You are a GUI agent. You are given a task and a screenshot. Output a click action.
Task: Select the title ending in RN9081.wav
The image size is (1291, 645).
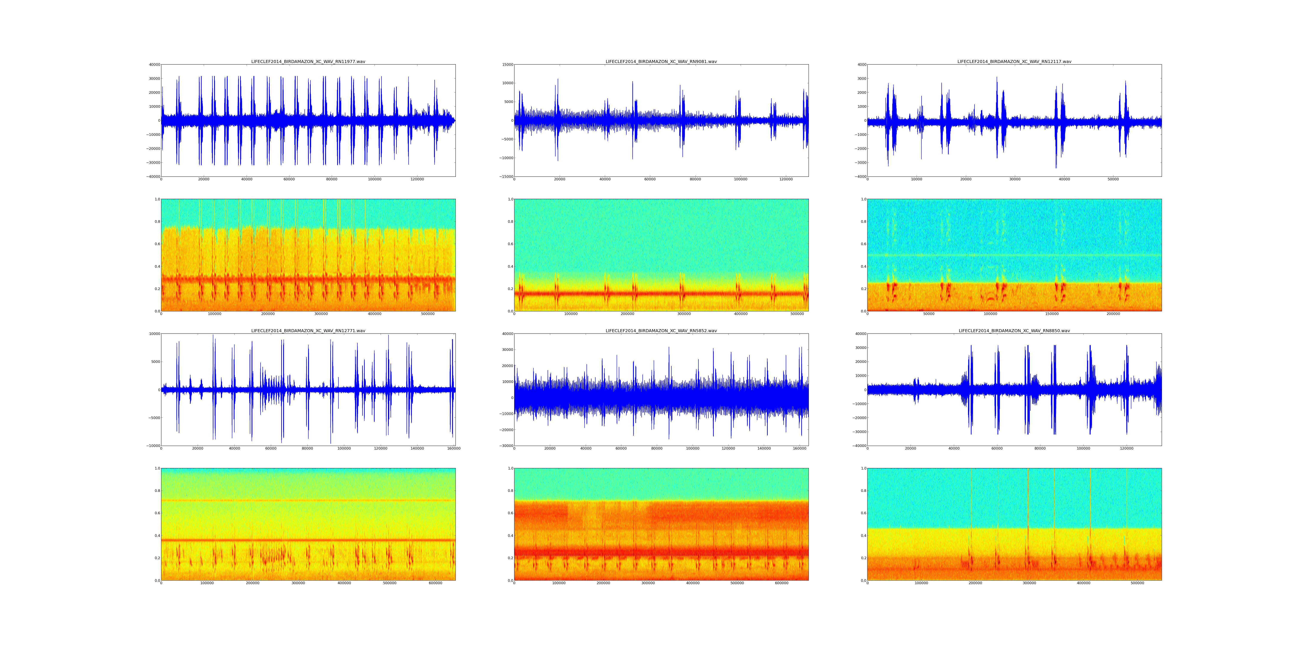[x=661, y=61]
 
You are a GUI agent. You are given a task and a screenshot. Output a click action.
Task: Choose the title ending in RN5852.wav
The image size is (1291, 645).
[x=661, y=330]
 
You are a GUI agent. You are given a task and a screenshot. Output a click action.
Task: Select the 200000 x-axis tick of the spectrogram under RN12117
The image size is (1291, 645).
[x=1113, y=314]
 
